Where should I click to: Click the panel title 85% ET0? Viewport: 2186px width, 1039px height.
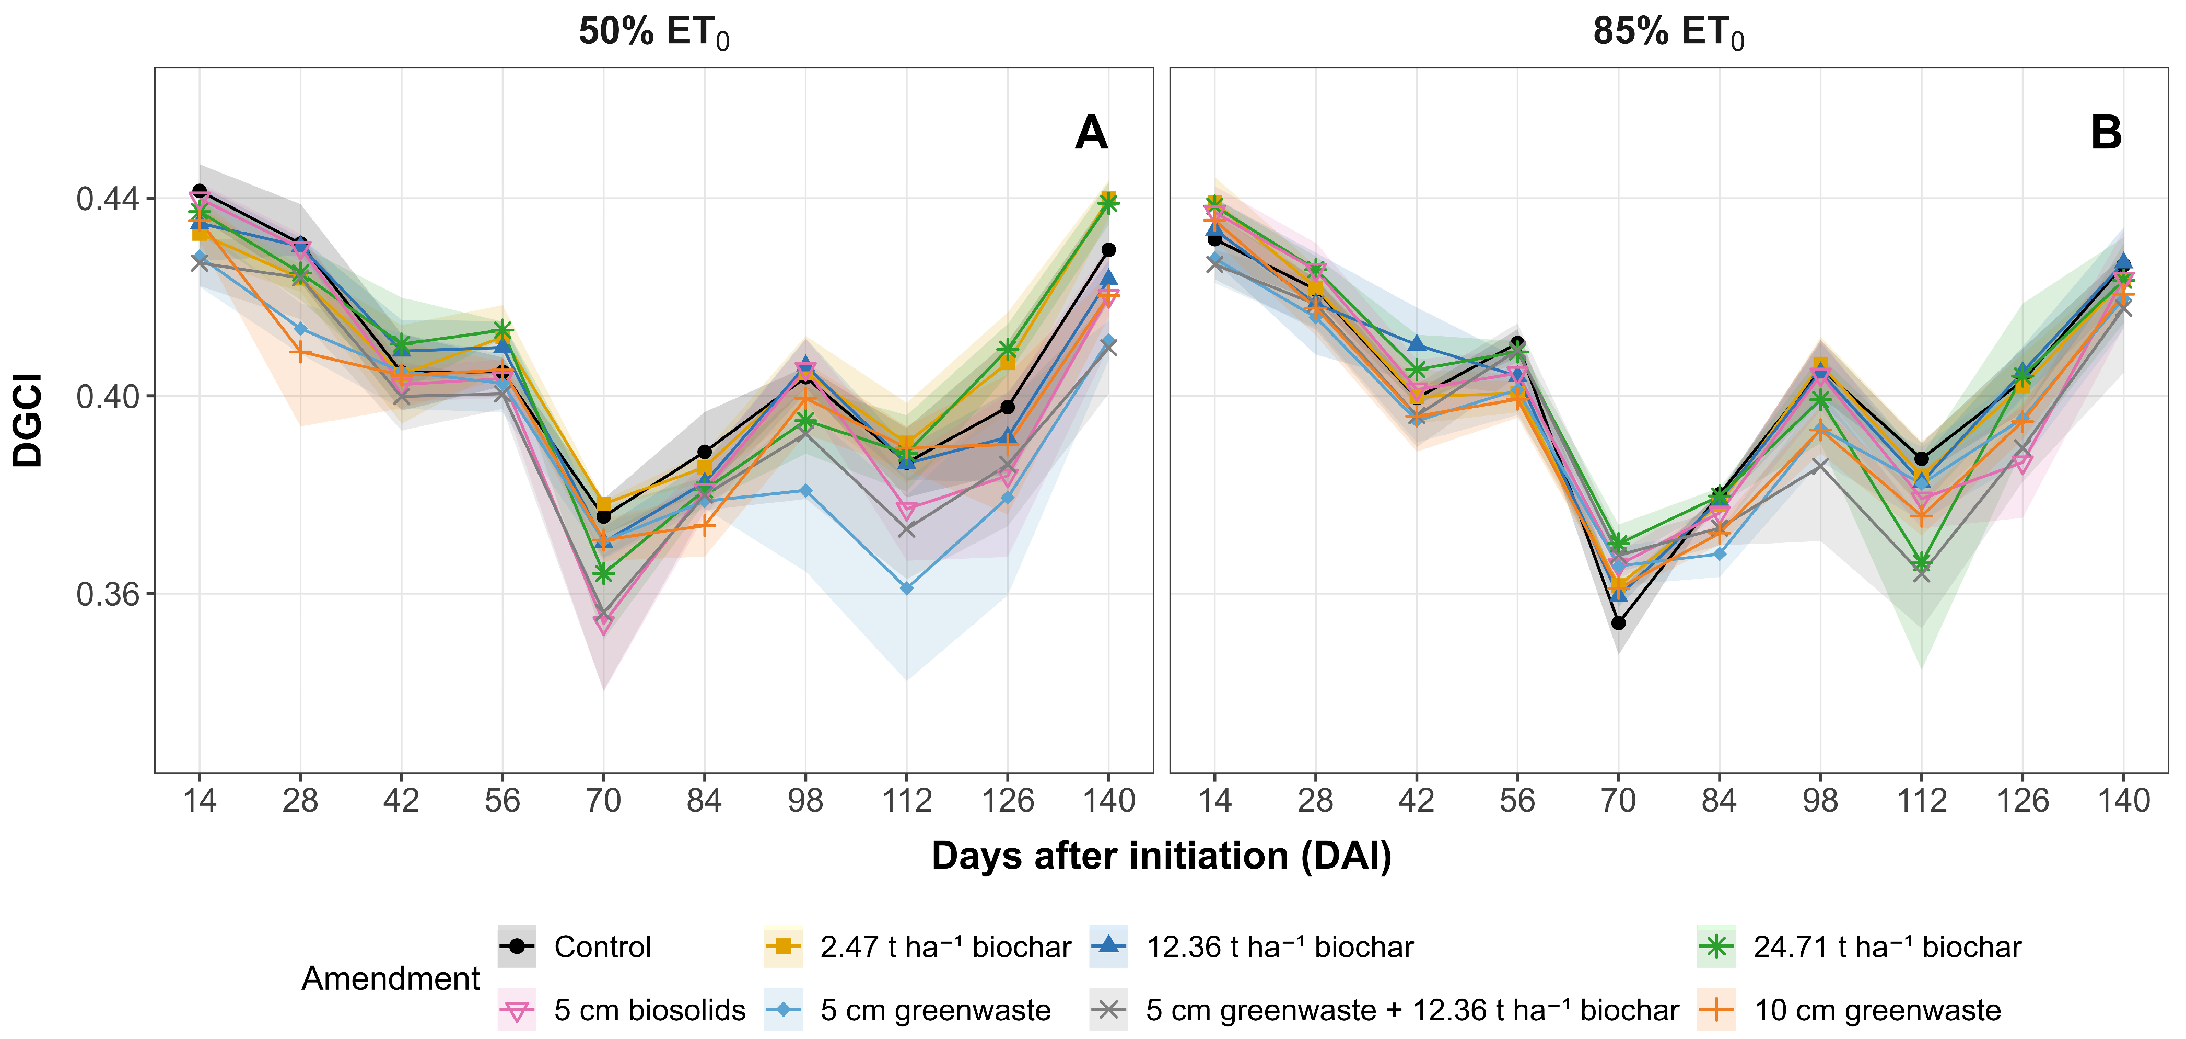(x=1668, y=33)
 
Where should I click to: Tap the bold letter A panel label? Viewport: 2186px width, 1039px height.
(x=1091, y=133)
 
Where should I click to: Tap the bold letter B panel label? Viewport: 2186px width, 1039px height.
(x=2106, y=133)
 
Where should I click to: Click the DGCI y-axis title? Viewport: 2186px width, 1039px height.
(x=28, y=420)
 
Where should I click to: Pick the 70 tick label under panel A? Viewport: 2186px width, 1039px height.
(x=603, y=801)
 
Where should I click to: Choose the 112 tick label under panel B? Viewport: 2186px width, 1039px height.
(x=1921, y=801)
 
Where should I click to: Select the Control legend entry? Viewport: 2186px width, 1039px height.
(x=575, y=946)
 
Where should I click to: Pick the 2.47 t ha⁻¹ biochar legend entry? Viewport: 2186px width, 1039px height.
(x=917, y=946)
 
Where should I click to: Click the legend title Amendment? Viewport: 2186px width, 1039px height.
(x=390, y=979)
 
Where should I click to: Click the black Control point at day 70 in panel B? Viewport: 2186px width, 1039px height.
(x=1618, y=623)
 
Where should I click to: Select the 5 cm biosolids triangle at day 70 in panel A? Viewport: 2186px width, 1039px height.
(x=603, y=625)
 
